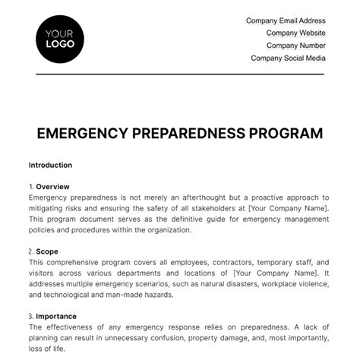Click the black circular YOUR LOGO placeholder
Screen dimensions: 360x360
(x=60, y=38)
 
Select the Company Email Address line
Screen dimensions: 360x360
(x=286, y=21)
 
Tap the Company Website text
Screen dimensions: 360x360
(x=295, y=33)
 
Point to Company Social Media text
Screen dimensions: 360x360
(x=288, y=58)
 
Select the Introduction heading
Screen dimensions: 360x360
(x=50, y=165)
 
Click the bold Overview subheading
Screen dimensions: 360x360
(x=53, y=186)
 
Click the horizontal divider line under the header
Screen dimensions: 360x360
(x=180, y=74)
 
